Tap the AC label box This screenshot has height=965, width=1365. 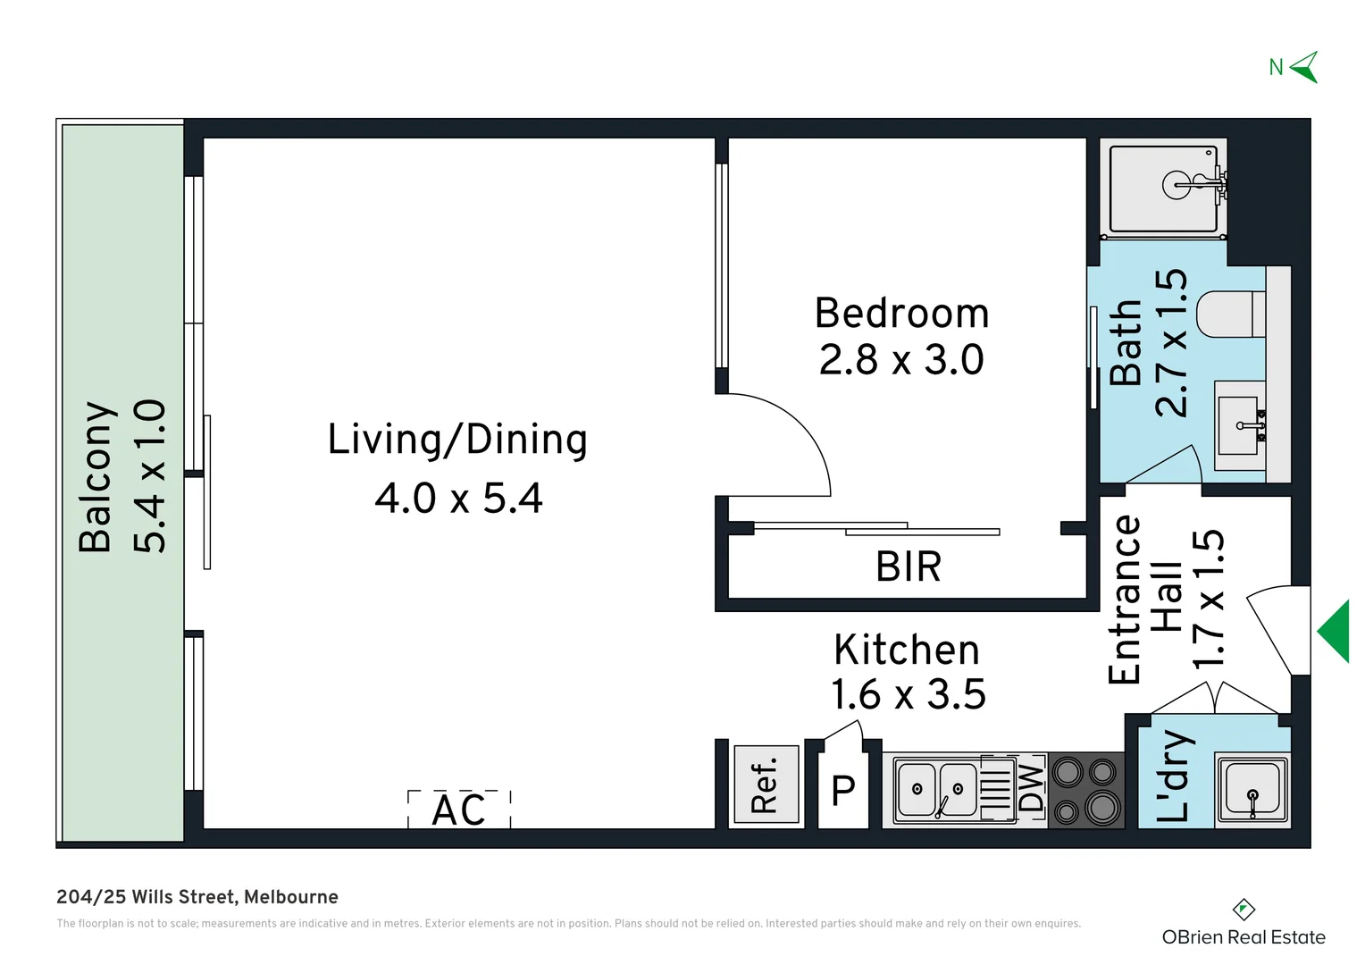click(459, 809)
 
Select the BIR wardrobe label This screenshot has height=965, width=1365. click(908, 566)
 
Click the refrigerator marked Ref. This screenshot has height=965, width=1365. click(766, 784)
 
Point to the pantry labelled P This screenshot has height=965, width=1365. click(842, 791)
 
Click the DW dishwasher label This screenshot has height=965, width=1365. click(1031, 788)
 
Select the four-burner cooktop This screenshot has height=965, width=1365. click(1086, 791)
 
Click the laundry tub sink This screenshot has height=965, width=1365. click(1252, 790)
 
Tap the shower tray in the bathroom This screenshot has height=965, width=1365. click(1163, 189)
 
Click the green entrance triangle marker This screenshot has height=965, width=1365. click(1334, 632)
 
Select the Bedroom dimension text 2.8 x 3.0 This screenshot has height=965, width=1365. click(901, 359)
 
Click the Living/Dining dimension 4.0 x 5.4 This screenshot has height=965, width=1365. click(458, 498)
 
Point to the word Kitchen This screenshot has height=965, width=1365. click(906, 650)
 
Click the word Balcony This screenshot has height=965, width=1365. click(96, 477)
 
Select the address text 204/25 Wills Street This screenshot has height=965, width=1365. click(145, 897)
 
